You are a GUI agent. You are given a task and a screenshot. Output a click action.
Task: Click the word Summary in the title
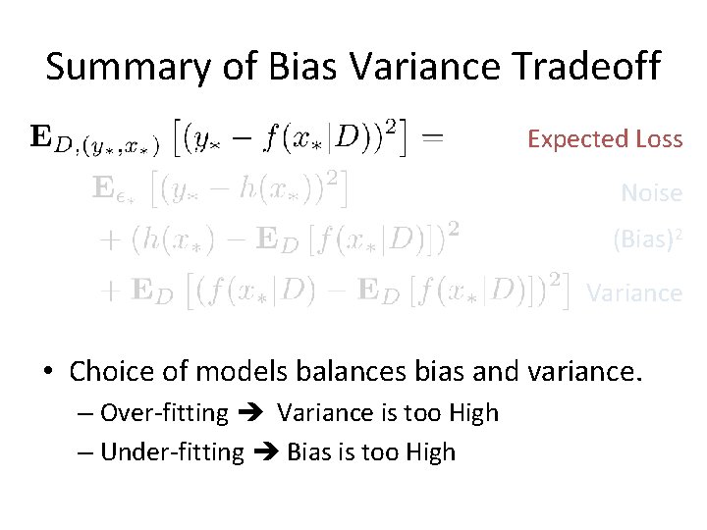click(106, 67)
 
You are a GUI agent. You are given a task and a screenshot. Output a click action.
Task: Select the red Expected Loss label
click(605, 139)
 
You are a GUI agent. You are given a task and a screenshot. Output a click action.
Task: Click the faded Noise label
click(651, 193)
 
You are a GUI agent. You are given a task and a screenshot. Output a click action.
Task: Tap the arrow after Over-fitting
click(252, 413)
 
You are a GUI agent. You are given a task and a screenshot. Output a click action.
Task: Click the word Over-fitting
click(164, 413)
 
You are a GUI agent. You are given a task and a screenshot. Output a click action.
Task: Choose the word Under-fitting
click(172, 452)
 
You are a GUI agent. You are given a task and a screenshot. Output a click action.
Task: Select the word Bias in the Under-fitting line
click(308, 452)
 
